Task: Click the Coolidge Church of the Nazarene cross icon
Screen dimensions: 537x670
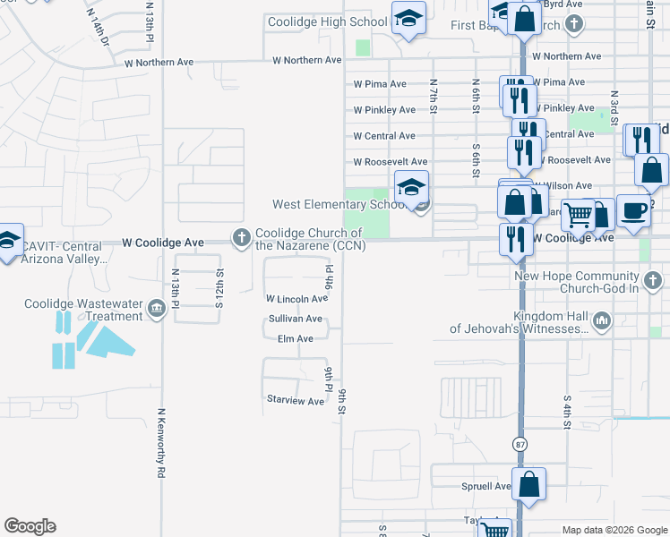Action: pos(241,238)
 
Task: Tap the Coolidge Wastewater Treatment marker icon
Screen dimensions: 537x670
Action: pos(157,310)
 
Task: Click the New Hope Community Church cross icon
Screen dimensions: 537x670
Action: pos(653,281)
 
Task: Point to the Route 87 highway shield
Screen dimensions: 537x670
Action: pos(520,444)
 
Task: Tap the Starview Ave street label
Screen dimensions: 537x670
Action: pos(295,401)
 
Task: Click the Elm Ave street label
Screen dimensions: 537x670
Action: pos(296,339)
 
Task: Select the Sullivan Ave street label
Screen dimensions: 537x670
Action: pos(295,319)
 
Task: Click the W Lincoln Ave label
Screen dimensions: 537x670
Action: pos(296,299)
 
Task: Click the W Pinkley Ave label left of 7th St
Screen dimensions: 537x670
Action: pos(384,110)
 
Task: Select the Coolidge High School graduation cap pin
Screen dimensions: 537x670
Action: pos(408,19)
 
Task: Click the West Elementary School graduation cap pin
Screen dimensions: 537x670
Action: pos(411,188)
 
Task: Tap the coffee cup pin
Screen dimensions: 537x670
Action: pos(633,211)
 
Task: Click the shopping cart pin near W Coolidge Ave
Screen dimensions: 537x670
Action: pos(579,215)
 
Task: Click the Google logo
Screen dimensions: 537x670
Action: pos(30,526)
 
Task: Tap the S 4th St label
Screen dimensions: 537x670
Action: pos(567,411)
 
